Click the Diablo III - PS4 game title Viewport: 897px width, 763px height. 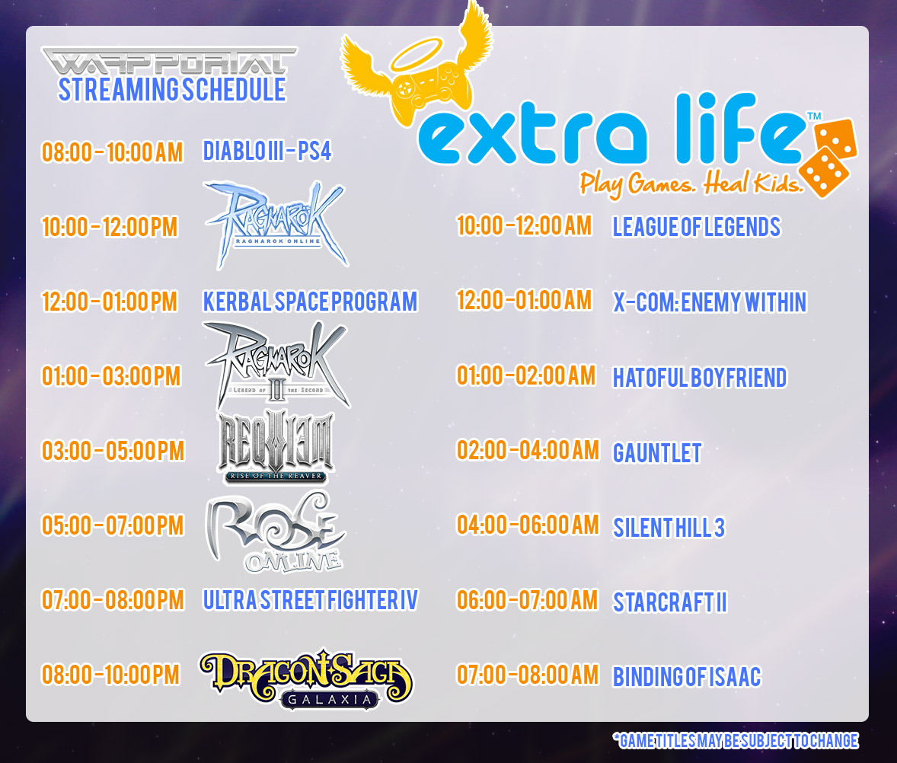pyautogui.click(x=267, y=152)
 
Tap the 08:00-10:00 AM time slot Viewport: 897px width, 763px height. pyautogui.click(x=112, y=153)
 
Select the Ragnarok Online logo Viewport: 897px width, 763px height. pyautogui.click(x=276, y=225)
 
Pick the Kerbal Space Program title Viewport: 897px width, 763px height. pyautogui.click(x=310, y=302)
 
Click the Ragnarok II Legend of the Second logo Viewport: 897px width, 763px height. pyautogui.click(x=277, y=364)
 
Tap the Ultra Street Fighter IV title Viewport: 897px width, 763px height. pyautogui.click(x=310, y=600)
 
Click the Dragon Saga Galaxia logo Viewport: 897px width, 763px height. pyautogui.click(x=306, y=679)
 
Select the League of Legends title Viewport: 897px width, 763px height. pyautogui.click(x=696, y=227)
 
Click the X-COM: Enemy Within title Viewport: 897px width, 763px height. pyautogui.click(x=710, y=302)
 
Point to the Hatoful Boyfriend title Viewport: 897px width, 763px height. pyautogui.click(x=700, y=378)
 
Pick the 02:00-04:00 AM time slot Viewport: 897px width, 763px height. pyautogui.click(x=528, y=450)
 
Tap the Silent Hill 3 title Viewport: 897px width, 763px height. pyautogui.click(x=669, y=528)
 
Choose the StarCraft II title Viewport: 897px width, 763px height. pyautogui.click(x=670, y=602)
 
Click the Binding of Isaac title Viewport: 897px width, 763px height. pyautogui.click(x=687, y=677)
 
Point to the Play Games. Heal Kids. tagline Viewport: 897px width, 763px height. pyautogui.click(x=691, y=183)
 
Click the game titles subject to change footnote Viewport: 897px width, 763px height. pyautogui.click(x=736, y=741)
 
